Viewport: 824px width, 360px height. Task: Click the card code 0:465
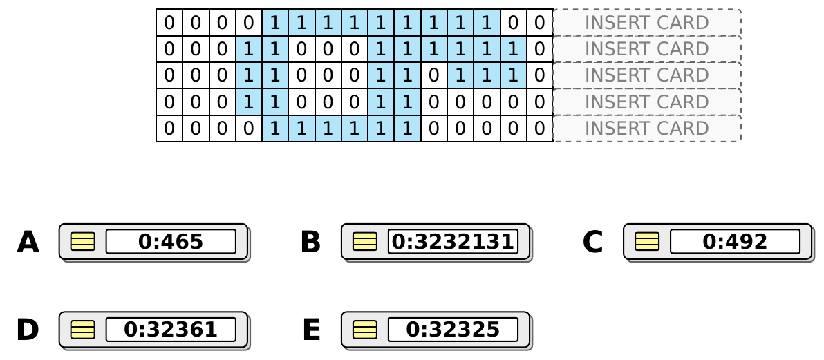pos(171,242)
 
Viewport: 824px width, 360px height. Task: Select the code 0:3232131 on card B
pos(453,242)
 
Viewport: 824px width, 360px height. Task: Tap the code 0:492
pos(736,242)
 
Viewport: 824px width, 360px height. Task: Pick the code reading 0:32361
pos(171,330)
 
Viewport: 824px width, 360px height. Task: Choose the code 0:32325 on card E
pos(453,330)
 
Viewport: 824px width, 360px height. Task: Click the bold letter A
pos(28,243)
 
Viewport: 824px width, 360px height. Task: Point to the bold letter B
pos(310,243)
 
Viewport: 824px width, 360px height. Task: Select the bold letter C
pos(592,243)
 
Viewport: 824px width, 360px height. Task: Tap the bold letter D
pos(28,330)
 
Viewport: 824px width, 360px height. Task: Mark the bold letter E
pos(311,330)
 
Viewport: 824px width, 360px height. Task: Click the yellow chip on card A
pos(83,242)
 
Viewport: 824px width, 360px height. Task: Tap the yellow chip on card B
pos(365,242)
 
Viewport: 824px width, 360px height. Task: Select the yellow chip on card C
pos(648,242)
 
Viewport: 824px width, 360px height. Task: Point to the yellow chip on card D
pos(83,330)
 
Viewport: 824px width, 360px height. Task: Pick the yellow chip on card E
pos(365,330)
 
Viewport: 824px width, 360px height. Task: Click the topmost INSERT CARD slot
pos(648,23)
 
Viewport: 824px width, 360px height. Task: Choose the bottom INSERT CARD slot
pos(648,129)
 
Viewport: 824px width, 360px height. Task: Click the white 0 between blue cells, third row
pos(433,75)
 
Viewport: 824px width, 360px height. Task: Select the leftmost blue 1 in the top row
pos(275,23)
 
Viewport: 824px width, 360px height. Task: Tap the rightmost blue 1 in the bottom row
pos(407,129)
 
